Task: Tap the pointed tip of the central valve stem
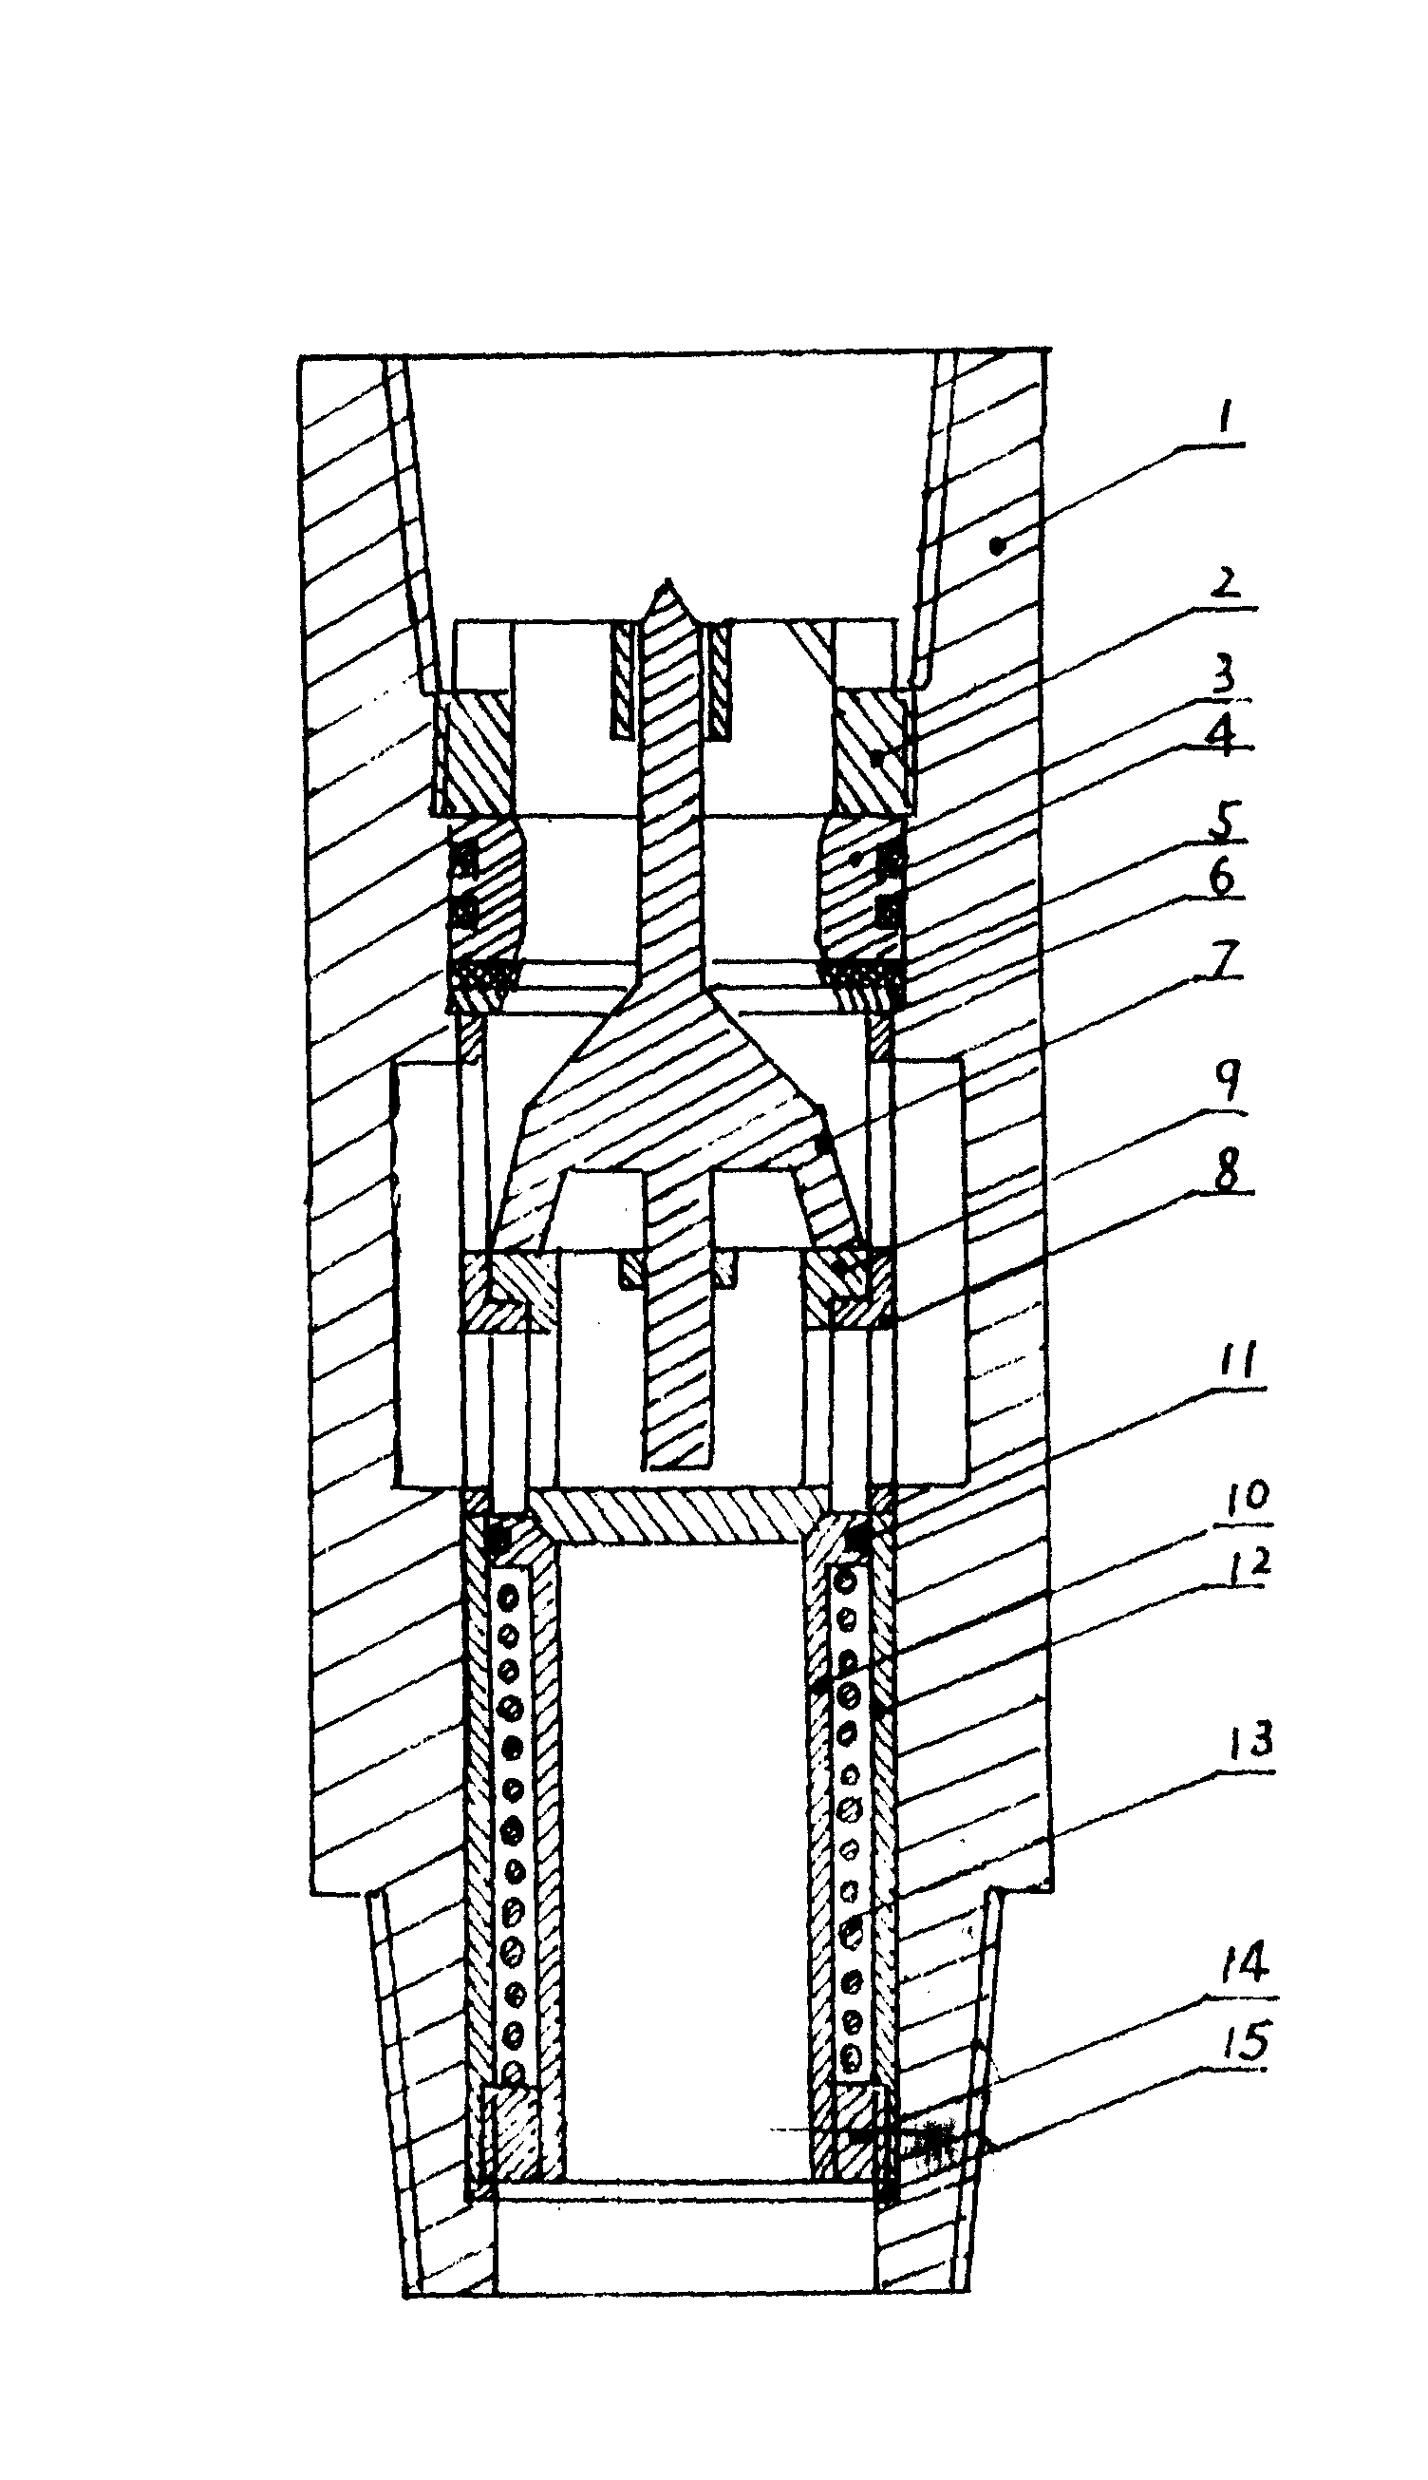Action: (667, 578)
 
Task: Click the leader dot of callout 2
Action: (875, 758)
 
